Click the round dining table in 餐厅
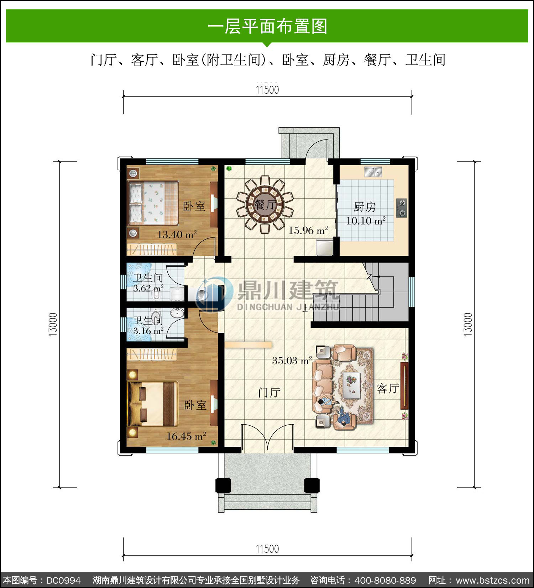[x=265, y=205]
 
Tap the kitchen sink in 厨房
[x=373, y=172]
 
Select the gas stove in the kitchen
[x=402, y=208]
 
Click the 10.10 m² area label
[x=366, y=221]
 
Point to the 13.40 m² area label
[x=177, y=234]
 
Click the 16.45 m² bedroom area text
[x=186, y=436]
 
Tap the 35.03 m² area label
[x=292, y=360]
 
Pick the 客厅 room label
[x=388, y=388]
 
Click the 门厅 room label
[x=269, y=393]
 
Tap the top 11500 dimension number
[x=267, y=90]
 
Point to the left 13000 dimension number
[x=53, y=324]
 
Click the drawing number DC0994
[x=64, y=580]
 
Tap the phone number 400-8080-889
[x=386, y=580]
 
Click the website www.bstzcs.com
[x=493, y=580]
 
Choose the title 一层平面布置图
[x=267, y=26]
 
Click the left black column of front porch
[x=223, y=485]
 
